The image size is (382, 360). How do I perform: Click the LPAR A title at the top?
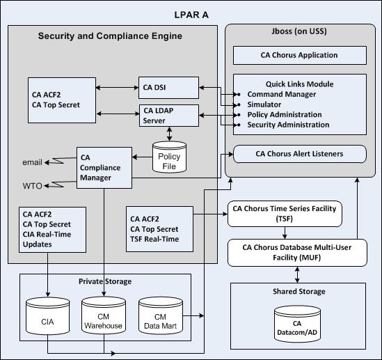coord(191,14)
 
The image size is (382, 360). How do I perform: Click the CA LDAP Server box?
coord(168,115)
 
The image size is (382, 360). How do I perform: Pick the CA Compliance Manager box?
coord(103,168)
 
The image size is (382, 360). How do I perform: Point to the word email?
coord(32,162)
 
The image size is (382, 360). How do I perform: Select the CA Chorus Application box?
coord(299,55)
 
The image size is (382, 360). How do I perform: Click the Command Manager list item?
coord(282,94)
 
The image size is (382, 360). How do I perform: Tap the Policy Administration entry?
coord(285,114)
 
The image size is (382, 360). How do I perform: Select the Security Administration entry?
coord(288,125)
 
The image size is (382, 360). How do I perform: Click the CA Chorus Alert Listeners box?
coord(299,153)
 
